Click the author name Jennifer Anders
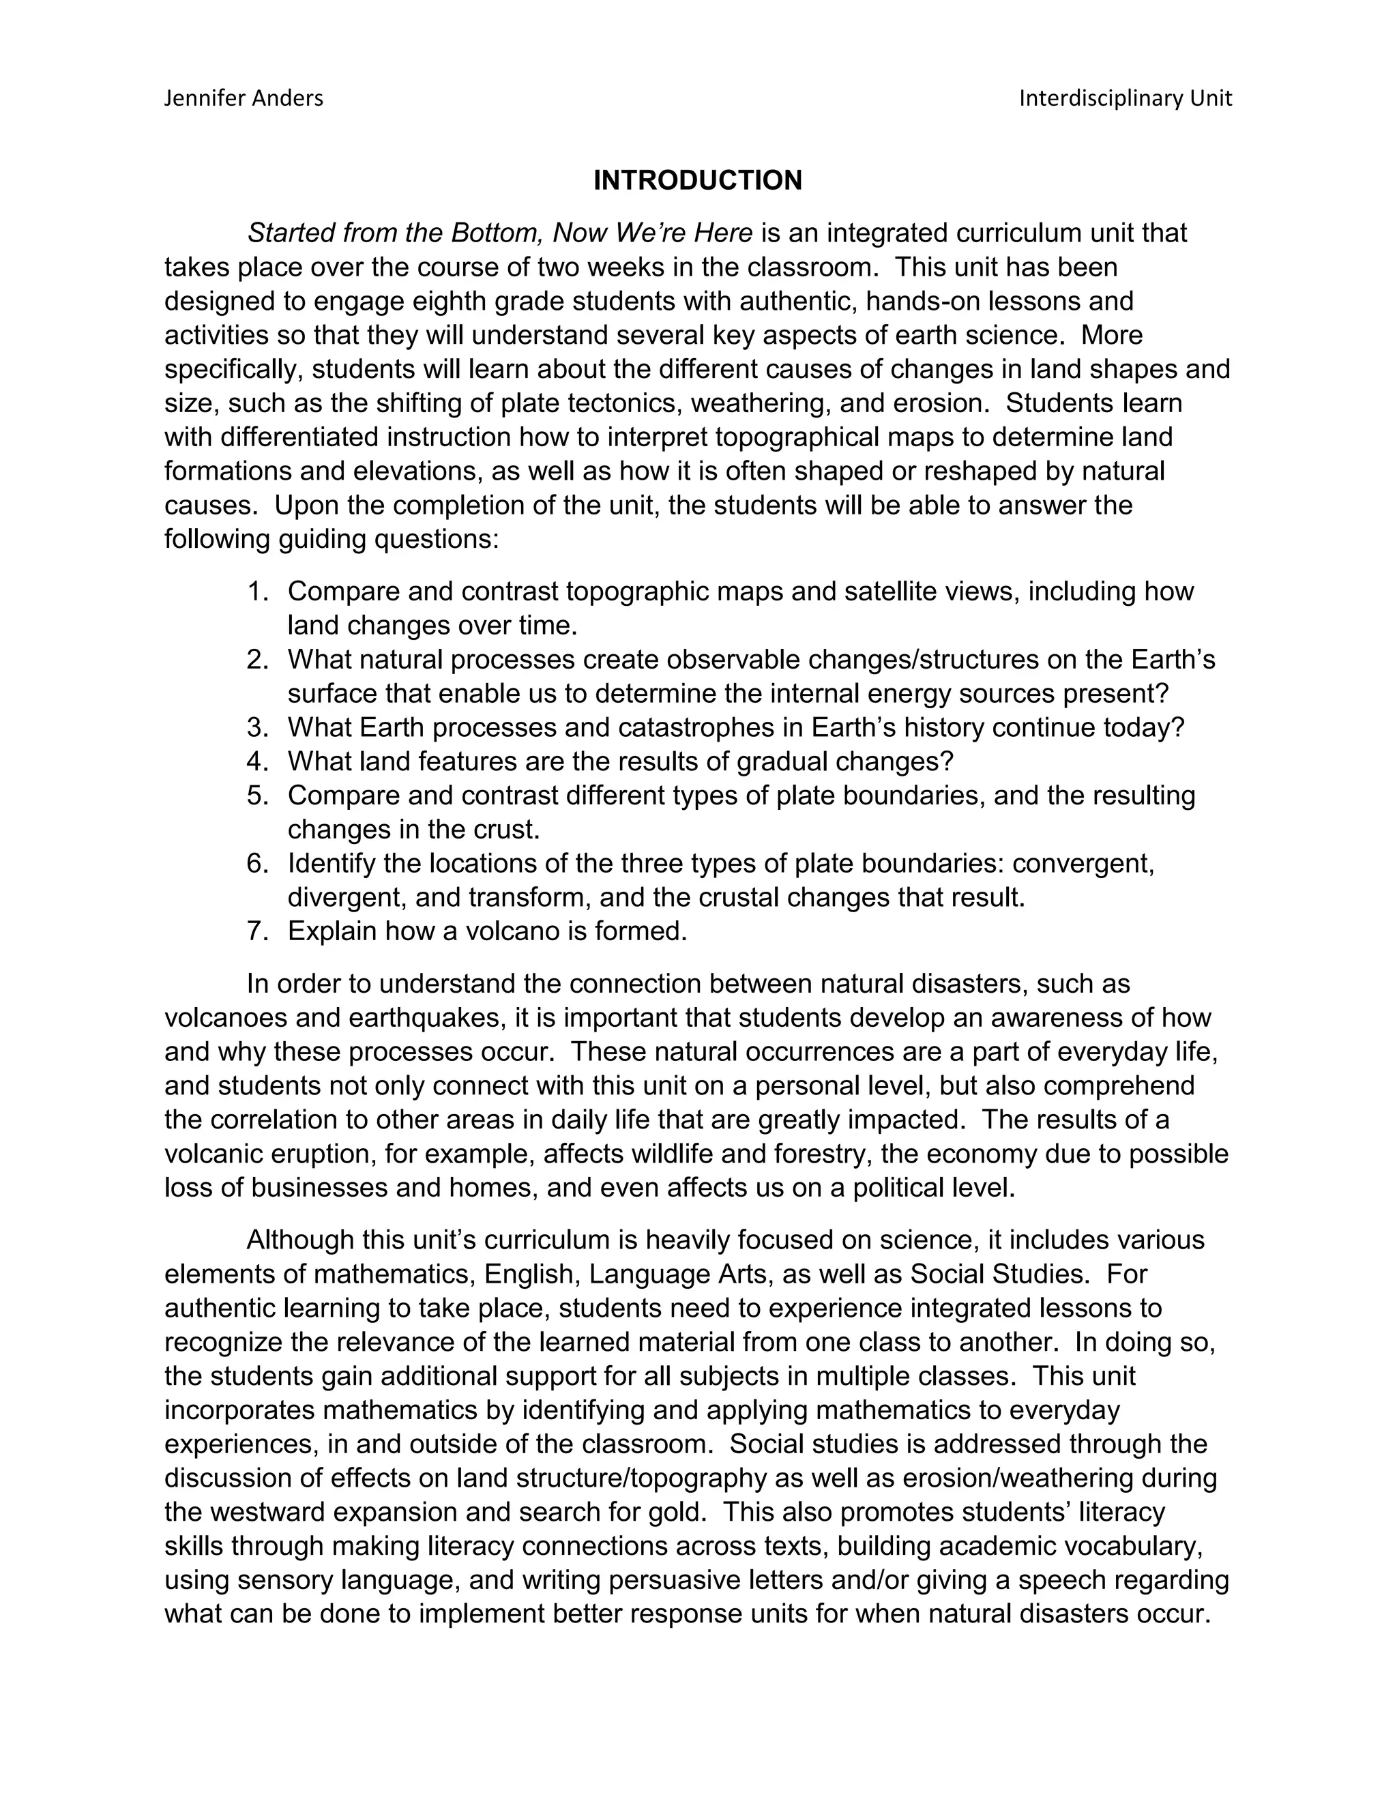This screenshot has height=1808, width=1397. click(244, 98)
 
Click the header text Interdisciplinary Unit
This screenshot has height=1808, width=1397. click(1125, 98)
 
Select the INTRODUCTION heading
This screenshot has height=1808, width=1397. click(698, 181)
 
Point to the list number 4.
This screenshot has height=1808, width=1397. click(257, 761)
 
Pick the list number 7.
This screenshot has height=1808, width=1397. click(257, 931)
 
